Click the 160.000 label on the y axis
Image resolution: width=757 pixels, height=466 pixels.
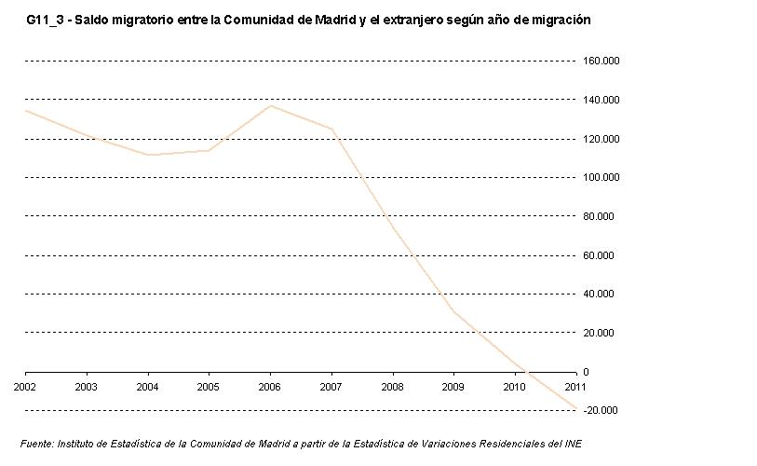(602, 62)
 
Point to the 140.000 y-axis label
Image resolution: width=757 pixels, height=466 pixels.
(602, 100)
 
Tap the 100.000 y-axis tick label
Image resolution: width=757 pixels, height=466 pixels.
(602, 178)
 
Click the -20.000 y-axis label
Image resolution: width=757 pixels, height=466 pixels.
(604, 411)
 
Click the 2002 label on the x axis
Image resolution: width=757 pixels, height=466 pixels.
(25, 386)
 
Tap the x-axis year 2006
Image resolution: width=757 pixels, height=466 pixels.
(270, 386)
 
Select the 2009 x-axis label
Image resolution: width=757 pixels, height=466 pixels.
(453, 386)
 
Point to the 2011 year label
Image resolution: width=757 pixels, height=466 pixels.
(575, 386)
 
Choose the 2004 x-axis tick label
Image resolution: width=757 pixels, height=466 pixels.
(147, 386)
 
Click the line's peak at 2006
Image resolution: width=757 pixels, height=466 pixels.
(270, 105)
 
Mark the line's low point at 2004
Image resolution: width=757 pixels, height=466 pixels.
(147, 155)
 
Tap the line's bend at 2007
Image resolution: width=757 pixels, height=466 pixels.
(331, 129)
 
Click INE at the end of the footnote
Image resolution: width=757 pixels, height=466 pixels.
(574, 443)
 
